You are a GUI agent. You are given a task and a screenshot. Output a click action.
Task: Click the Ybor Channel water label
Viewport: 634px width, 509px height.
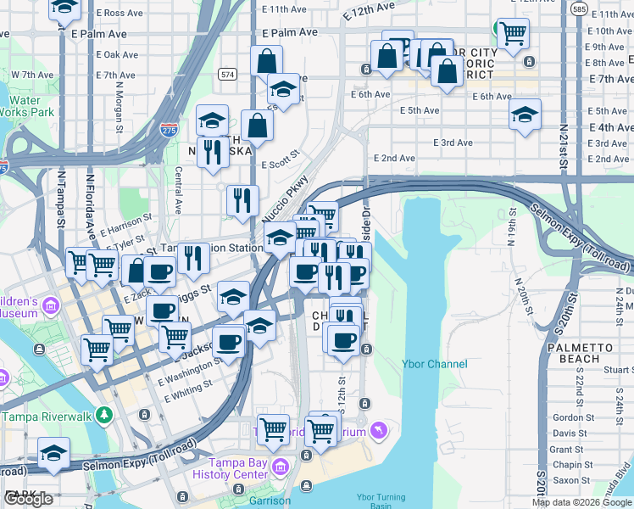pyautogui.click(x=434, y=364)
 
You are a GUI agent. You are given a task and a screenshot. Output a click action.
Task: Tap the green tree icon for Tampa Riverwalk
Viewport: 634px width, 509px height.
pyautogui.click(x=104, y=416)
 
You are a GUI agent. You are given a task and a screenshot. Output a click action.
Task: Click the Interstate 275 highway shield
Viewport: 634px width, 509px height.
pyautogui.click(x=169, y=130)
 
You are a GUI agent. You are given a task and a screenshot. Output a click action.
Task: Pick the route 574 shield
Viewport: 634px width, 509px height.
pyautogui.click(x=226, y=75)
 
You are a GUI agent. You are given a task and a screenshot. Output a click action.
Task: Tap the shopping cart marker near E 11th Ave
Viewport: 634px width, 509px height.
pyautogui.click(x=513, y=33)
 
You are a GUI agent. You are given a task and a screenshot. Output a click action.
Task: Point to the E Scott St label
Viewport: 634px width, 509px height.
pyautogui.click(x=281, y=160)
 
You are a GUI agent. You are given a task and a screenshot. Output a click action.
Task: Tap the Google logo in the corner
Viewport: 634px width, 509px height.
pyautogui.click(x=29, y=499)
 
